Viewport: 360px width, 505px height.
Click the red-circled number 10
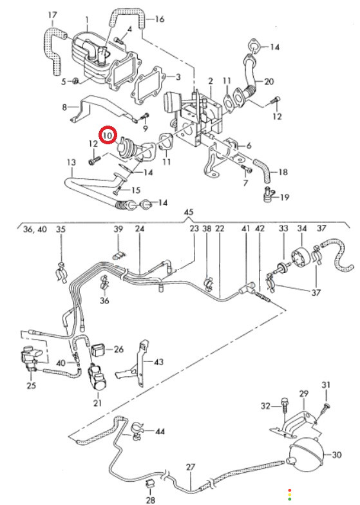coord(108,135)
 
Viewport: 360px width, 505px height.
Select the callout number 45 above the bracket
coord(189,213)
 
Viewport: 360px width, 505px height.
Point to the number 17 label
coord(53,15)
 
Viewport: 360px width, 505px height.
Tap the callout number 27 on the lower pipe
coord(191,467)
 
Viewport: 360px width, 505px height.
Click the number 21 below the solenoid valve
coord(98,403)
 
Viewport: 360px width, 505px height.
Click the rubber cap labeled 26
coord(99,350)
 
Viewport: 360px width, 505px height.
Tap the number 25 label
coord(31,385)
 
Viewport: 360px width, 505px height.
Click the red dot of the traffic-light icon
coord(290,490)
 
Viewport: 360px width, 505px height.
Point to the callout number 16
coord(160,19)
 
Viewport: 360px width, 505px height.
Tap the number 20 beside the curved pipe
coord(269,81)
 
